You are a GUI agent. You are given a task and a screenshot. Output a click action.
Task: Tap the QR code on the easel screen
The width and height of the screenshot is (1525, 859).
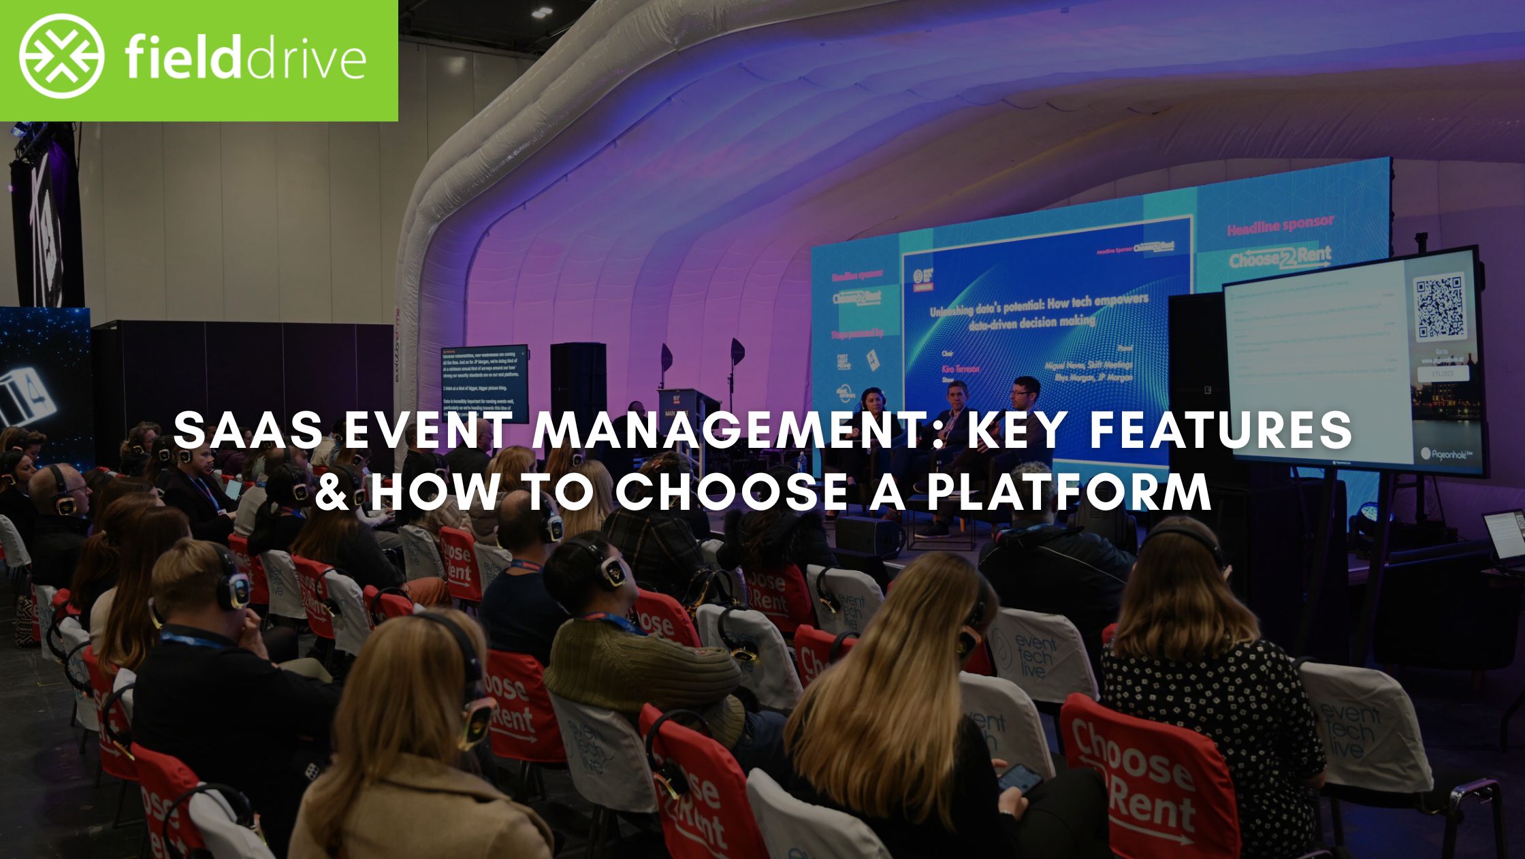pos(1439,308)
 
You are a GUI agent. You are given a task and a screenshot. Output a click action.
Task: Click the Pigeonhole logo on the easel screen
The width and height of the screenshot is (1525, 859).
pos(1443,453)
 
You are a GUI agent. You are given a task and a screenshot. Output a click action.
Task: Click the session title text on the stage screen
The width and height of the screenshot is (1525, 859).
pos(1038,310)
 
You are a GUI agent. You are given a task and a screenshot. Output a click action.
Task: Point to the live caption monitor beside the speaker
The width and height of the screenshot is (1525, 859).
pos(484,381)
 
